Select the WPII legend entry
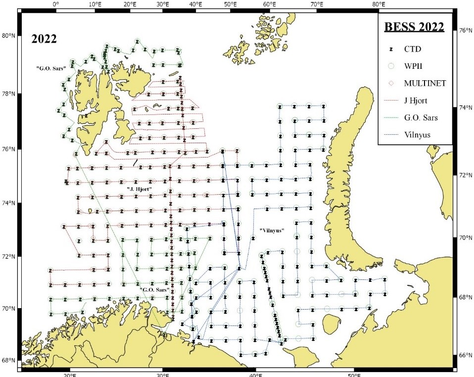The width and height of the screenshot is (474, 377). click(x=416, y=66)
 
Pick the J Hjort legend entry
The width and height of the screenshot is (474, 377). click(x=419, y=101)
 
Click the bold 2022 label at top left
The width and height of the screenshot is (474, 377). click(x=44, y=39)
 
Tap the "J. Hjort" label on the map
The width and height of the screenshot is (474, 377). click(x=139, y=189)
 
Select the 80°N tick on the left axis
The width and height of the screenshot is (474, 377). click(x=8, y=36)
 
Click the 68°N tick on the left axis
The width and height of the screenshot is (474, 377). click(x=8, y=360)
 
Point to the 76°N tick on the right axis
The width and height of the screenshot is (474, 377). click(x=464, y=30)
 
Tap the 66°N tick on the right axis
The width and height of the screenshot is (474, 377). click(x=464, y=355)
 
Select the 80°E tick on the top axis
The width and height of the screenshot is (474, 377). click(x=379, y=4)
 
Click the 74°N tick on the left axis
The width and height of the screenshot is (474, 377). click(x=8, y=203)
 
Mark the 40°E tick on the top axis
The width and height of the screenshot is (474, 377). click(x=195, y=4)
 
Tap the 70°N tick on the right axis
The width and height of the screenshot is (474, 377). click(x=464, y=238)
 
